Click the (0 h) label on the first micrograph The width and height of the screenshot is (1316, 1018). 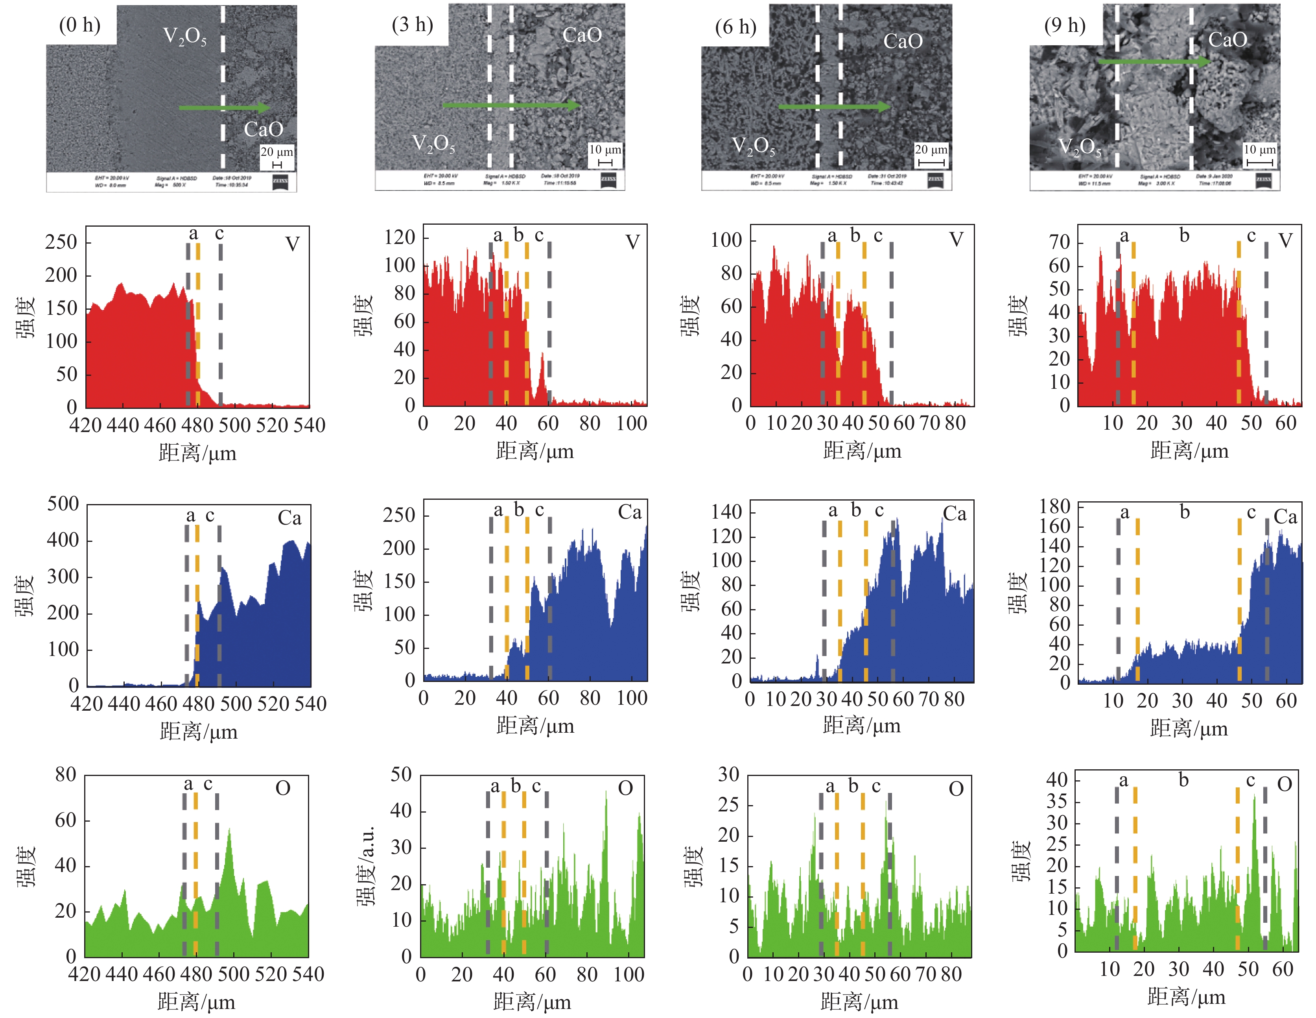pos(79,25)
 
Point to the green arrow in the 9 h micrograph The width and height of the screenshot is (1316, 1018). pos(1154,61)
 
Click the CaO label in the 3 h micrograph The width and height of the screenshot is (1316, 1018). pos(581,35)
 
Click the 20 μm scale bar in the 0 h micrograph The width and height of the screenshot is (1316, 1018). pos(276,164)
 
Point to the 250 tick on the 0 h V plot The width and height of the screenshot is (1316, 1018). pos(61,243)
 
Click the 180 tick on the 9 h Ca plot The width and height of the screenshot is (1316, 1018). pos(1054,506)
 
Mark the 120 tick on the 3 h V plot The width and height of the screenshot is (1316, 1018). pos(400,237)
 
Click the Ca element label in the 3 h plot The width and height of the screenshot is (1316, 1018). pos(630,512)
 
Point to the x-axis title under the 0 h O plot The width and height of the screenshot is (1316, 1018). pos(196,1002)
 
